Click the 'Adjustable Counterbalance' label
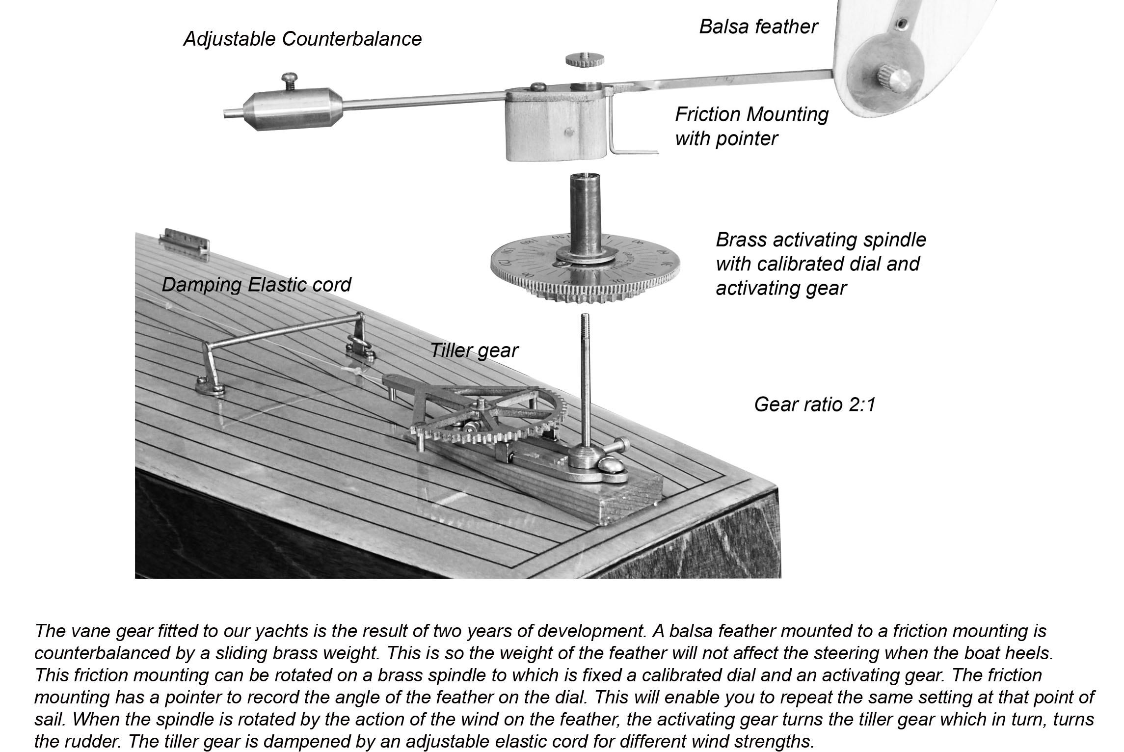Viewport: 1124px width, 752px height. tap(302, 39)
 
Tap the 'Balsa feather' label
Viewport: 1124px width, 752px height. tap(758, 27)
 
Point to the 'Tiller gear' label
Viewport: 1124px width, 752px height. tap(474, 350)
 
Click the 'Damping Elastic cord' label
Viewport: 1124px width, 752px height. tap(256, 285)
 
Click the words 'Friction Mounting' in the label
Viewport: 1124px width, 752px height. tap(751, 115)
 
